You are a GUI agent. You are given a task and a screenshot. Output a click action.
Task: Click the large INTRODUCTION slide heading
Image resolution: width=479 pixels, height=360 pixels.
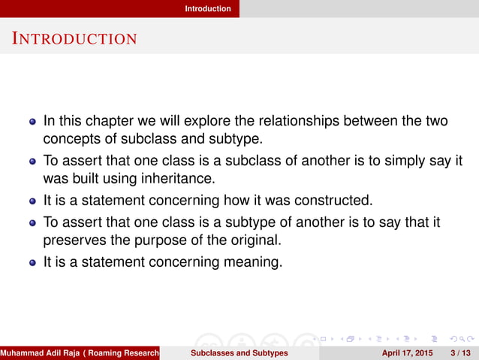coord(74,38)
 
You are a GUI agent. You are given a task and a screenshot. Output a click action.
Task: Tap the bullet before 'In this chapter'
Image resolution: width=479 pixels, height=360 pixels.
coord(32,120)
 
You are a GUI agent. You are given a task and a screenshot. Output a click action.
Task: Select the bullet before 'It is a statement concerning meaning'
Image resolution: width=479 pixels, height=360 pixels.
coord(32,263)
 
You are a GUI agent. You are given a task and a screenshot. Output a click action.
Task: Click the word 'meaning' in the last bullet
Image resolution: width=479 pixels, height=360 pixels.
coord(254,262)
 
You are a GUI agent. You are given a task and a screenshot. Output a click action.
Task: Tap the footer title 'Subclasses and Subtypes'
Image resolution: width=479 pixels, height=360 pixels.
coord(239,352)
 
